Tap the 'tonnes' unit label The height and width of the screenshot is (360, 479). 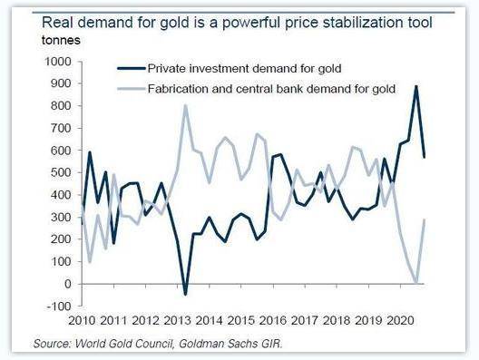(61, 40)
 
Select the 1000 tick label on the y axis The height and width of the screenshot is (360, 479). (58, 62)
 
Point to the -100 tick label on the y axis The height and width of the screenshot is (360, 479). (59, 306)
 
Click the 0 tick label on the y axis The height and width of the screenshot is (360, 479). (67, 284)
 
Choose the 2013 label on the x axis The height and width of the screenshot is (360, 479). (177, 320)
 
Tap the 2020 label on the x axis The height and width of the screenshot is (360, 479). (400, 320)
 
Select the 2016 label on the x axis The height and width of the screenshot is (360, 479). (273, 320)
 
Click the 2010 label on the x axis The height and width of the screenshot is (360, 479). (82, 320)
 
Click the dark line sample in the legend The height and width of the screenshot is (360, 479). (131, 68)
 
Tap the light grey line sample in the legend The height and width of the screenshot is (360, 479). (131, 89)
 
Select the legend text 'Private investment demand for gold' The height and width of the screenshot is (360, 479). (244, 68)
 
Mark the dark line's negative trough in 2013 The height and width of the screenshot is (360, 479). (185, 295)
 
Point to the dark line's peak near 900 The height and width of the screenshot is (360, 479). (415, 86)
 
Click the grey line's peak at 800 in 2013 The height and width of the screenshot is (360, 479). (185, 105)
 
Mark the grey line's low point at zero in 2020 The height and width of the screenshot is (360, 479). (416, 282)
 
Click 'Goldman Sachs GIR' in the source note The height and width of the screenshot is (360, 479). (230, 344)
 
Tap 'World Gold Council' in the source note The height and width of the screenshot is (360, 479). (123, 344)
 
